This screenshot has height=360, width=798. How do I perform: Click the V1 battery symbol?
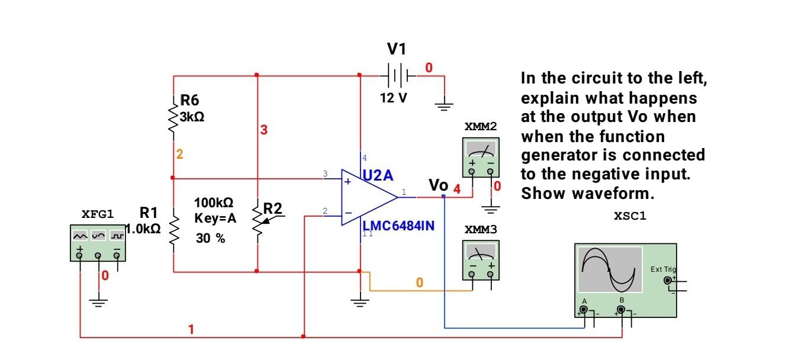click(398, 76)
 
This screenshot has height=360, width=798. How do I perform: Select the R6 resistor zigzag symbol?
click(173, 120)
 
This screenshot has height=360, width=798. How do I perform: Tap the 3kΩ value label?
click(192, 117)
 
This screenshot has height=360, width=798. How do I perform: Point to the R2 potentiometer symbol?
click(259, 223)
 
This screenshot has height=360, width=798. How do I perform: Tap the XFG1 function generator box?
click(98, 243)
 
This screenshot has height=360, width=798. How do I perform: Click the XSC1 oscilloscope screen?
click(610, 269)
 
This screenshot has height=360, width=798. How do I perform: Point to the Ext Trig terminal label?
click(662, 269)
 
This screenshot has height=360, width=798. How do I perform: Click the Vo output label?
click(438, 185)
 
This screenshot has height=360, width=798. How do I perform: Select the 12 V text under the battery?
click(394, 98)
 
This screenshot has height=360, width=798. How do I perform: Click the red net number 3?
click(264, 130)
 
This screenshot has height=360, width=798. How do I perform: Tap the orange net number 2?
click(179, 155)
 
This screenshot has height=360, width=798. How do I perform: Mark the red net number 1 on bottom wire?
click(191, 329)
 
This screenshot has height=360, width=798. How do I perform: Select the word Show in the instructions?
click(539, 194)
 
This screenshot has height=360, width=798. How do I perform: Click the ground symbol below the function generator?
click(98, 303)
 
